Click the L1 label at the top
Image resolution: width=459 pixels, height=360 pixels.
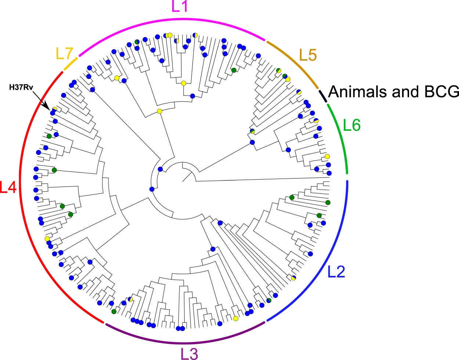coord(180,7)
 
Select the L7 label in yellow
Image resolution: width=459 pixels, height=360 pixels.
coord(64,54)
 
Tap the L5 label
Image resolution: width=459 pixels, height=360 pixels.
coord(308,55)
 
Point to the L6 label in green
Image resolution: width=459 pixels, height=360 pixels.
coord(351,126)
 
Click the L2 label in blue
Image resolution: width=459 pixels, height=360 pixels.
coord(336,272)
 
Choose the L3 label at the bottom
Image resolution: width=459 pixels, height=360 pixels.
coord(189,353)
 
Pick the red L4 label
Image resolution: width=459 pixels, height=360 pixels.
coord(8,187)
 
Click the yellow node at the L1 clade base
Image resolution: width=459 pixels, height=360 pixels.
coord(159,111)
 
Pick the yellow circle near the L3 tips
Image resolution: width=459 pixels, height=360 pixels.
coord(236,318)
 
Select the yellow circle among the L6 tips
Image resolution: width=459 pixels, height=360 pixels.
coord(327,156)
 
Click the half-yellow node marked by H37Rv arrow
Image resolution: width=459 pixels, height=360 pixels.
coord(54,109)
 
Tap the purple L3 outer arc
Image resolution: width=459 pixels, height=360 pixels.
coord(184,342)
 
